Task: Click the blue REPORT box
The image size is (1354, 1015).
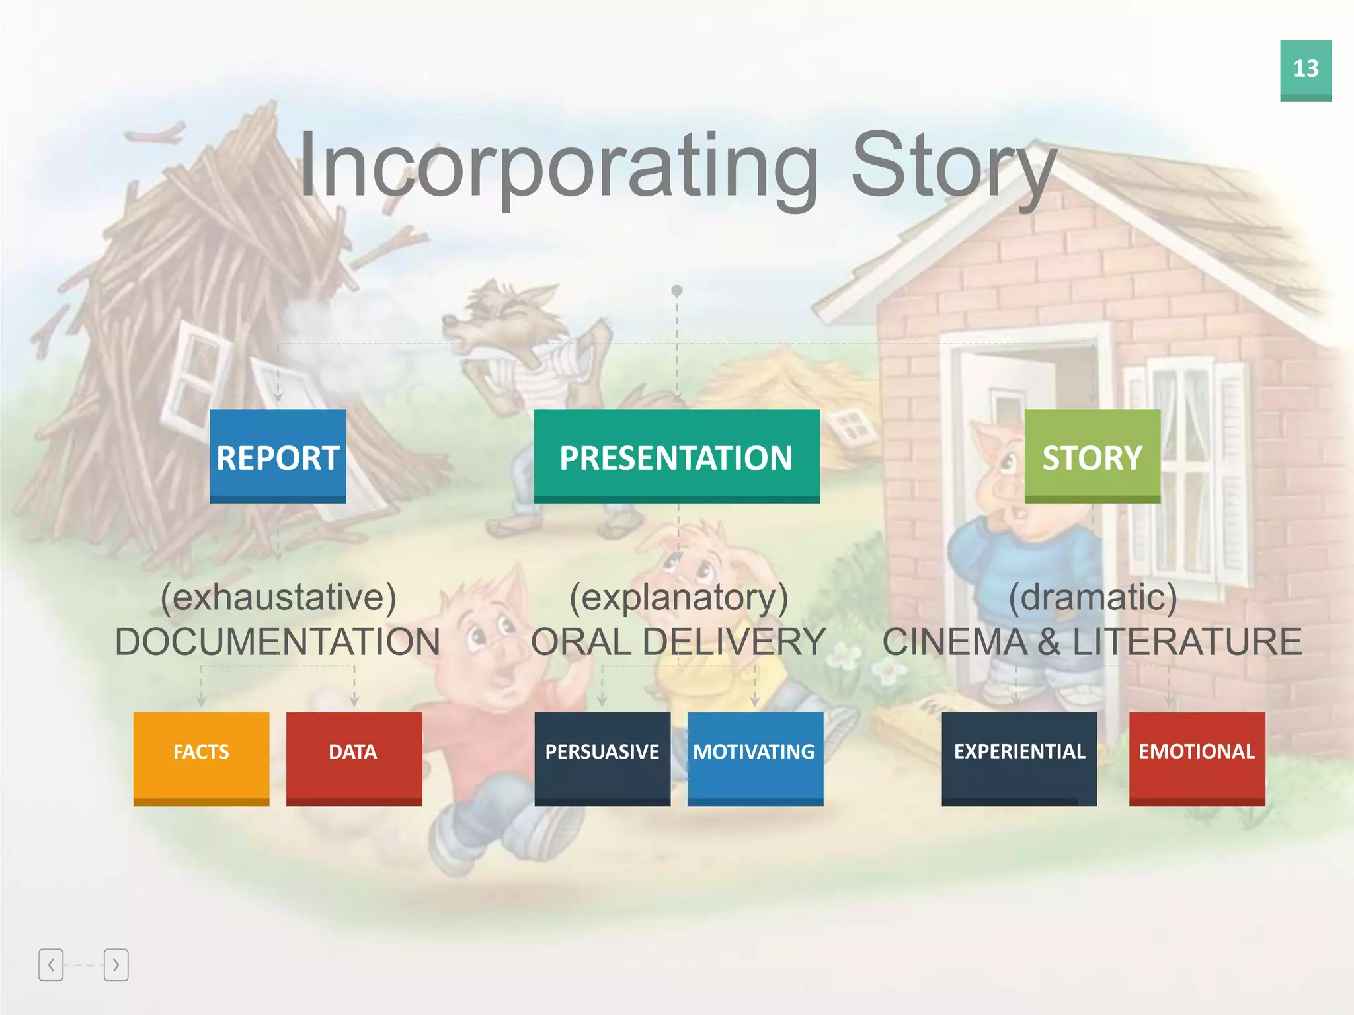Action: (x=278, y=456)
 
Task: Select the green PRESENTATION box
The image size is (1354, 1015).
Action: (x=676, y=456)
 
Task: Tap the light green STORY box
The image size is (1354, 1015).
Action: (x=1092, y=456)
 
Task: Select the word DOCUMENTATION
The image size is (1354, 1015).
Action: (x=278, y=642)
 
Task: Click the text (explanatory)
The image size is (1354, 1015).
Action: (x=679, y=597)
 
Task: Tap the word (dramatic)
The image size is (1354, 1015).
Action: (x=1092, y=597)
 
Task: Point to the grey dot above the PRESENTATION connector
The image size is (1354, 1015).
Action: (x=676, y=290)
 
